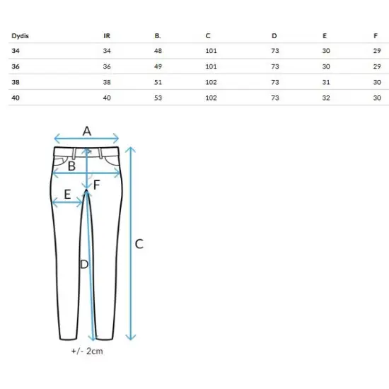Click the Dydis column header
pyautogui.click(x=20, y=36)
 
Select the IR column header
pyautogui.click(x=107, y=36)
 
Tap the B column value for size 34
pyautogui.click(x=158, y=51)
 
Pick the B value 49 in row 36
pyautogui.click(x=158, y=66)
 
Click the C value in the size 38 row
pyautogui.click(x=211, y=82)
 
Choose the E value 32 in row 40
pyautogui.click(x=326, y=98)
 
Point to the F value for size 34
pyautogui.click(x=377, y=51)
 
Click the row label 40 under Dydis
pyautogui.click(x=16, y=98)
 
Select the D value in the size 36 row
pyautogui.click(x=275, y=66)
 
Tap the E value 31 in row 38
pyautogui.click(x=326, y=82)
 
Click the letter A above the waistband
pyautogui.click(x=87, y=131)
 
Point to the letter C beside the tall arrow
pyautogui.click(x=139, y=244)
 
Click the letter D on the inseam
pyautogui.click(x=84, y=265)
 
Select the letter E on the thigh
pyautogui.click(x=67, y=194)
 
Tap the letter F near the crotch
pyautogui.click(x=96, y=185)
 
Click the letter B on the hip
pyautogui.click(x=71, y=166)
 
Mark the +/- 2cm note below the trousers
pyautogui.click(x=87, y=351)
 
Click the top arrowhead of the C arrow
pyautogui.click(x=131, y=149)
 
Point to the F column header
pyautogui.click(x=376, y=36)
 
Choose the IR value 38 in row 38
pyautogui.click(x=107, y=82)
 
